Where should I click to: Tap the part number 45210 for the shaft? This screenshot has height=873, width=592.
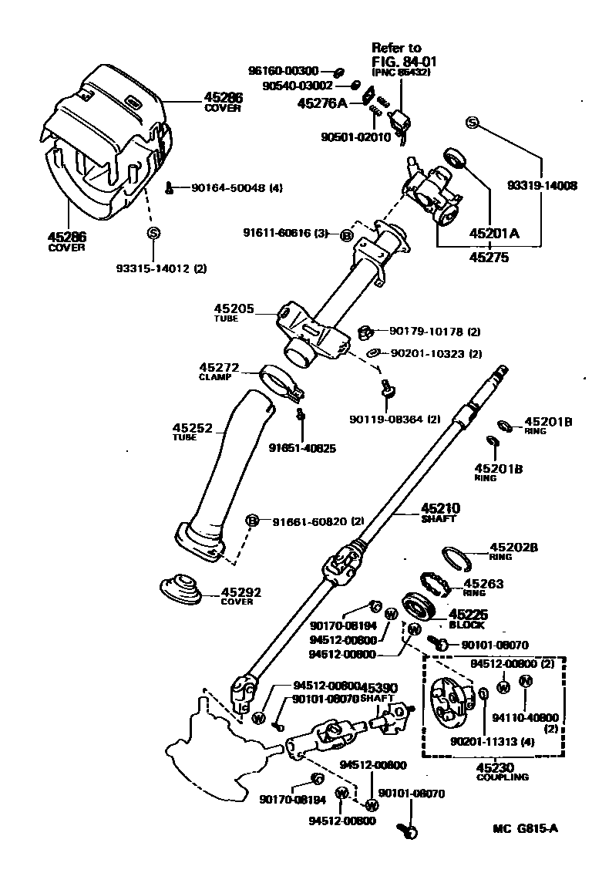pos(439,508)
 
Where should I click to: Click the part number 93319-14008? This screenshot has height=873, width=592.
pos(542,185)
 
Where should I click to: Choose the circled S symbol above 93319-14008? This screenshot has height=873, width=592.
pos(472,123)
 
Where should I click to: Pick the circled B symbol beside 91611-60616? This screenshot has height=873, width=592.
pos(346,235)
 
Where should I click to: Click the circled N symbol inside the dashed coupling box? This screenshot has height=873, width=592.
pos(526,680)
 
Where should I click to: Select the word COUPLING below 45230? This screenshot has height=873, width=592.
pos(502,777)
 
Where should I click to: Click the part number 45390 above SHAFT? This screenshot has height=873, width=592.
pos(379,687)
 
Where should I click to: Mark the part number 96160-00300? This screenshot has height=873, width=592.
pos(283,71)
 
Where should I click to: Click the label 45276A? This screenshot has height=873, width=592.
pos(322,102)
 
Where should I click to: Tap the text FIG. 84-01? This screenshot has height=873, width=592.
pos(400,60)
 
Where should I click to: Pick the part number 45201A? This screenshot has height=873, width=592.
pos(495,232)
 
